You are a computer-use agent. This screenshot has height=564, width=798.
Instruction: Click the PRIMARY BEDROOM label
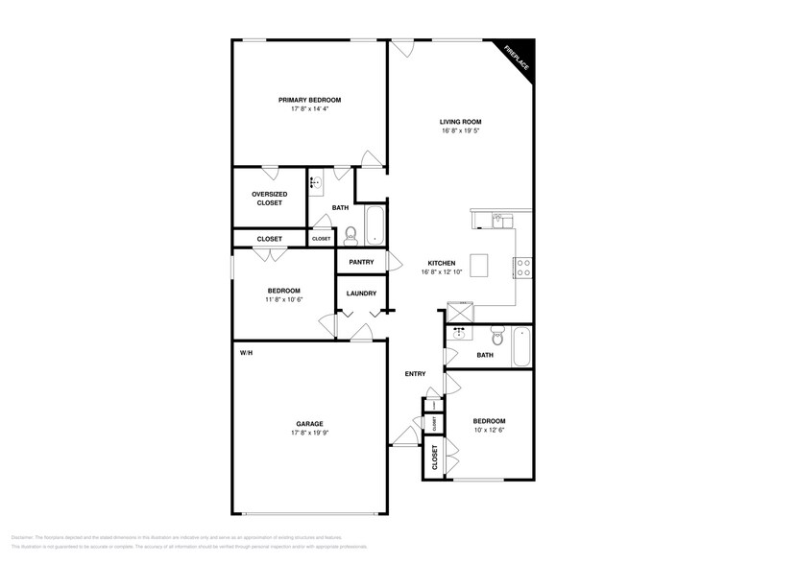(x=309, y=100)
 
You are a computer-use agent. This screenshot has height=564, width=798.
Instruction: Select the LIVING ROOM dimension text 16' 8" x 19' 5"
(x=460, y=130)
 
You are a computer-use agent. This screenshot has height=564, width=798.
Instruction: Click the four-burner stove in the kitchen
(x=524, y=268)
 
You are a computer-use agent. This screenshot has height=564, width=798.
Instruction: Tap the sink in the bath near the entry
(x=459, y=334)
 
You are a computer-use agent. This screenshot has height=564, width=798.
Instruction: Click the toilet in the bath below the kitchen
(x=497, y=338)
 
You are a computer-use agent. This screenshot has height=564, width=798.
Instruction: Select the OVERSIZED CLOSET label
(x=269, y=199)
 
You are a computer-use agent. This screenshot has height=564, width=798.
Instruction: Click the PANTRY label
(x=361, y=262)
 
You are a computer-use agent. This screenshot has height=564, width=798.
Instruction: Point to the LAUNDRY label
(x=361, y=294)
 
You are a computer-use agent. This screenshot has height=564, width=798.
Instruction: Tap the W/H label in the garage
(x=246, y=353)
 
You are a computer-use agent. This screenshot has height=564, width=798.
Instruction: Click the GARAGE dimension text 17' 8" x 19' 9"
(x=309, y=433)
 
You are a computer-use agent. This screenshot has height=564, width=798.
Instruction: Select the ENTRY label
(x=416, y=374)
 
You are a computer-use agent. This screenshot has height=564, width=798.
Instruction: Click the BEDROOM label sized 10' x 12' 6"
(x=489, y=421)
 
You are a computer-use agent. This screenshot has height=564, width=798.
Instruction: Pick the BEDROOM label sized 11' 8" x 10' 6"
(x=283, y=291)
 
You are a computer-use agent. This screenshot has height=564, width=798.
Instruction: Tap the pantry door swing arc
(x=392, y=261)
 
